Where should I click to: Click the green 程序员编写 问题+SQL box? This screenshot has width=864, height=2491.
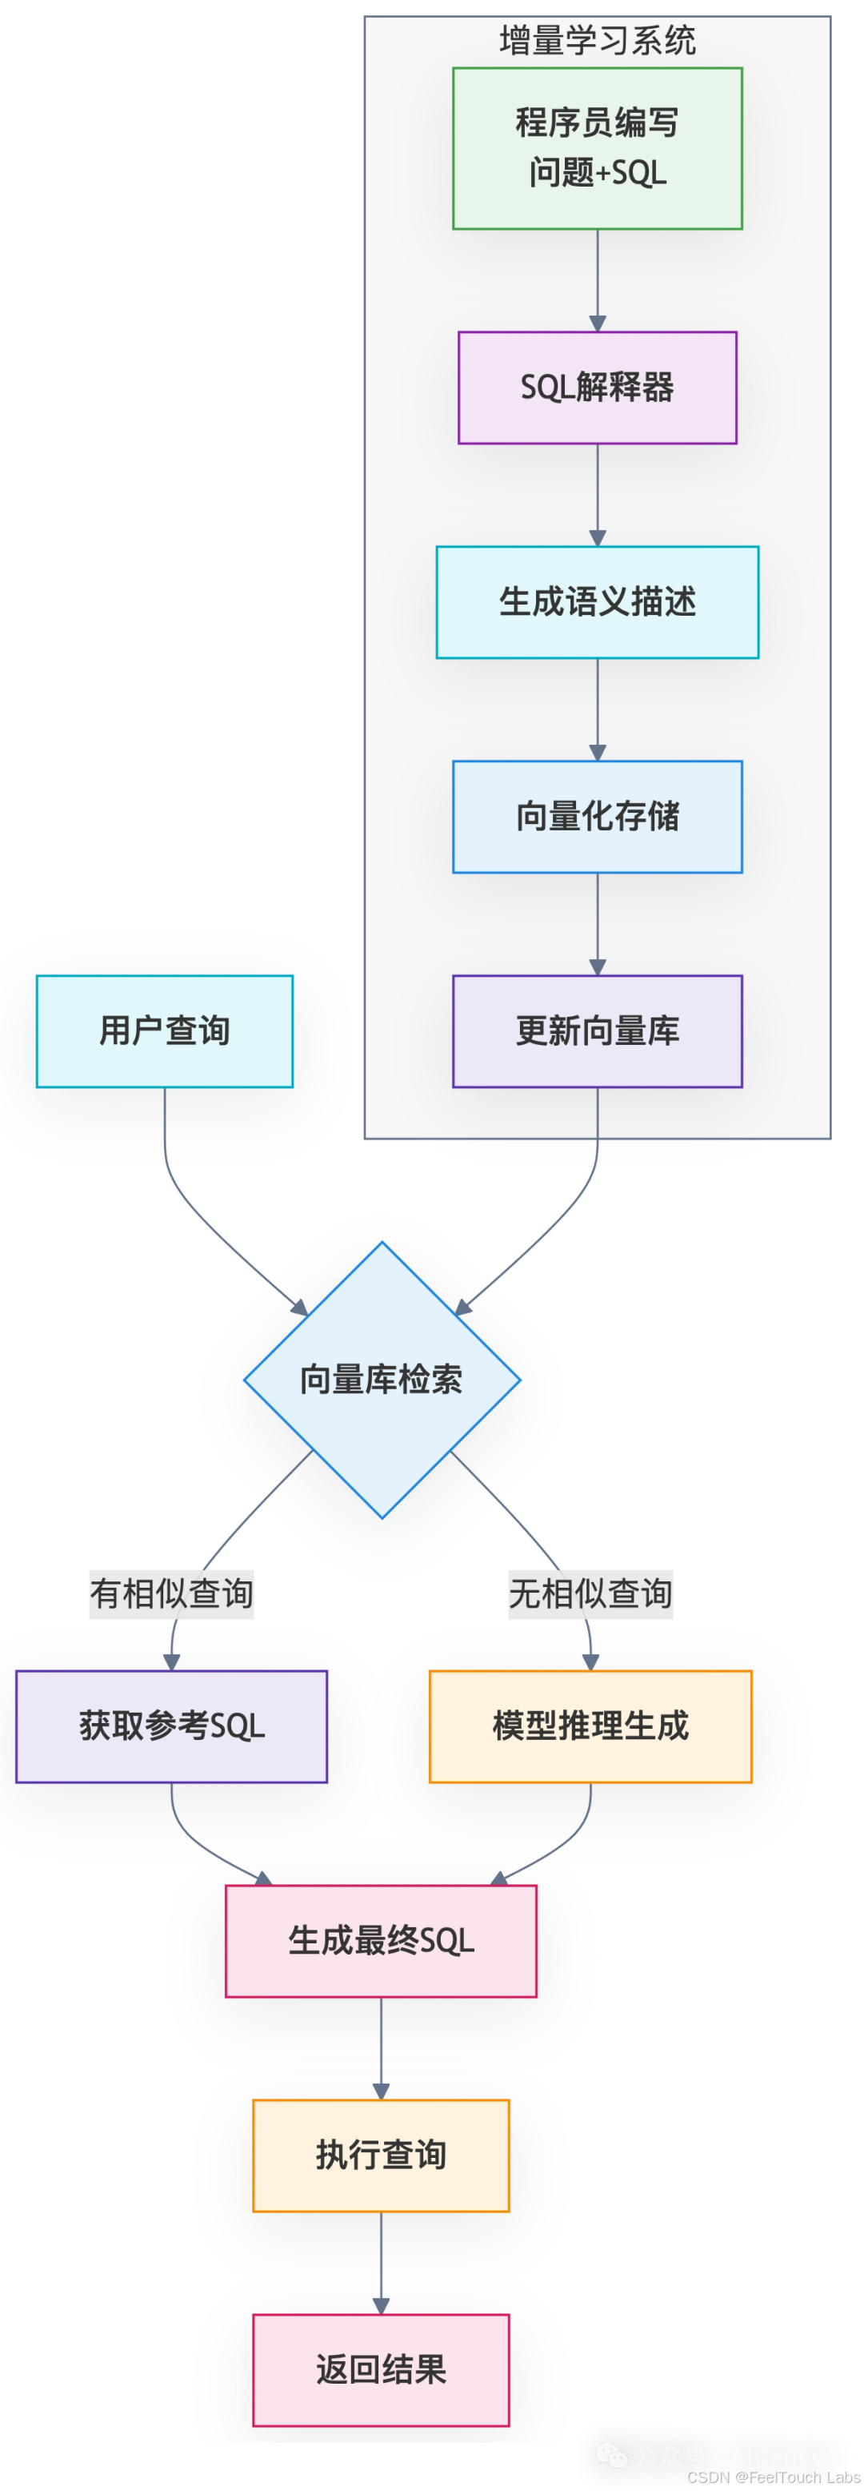(598, 148)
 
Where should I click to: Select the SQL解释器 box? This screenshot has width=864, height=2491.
(598, 388)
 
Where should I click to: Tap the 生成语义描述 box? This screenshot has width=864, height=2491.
(598, 602)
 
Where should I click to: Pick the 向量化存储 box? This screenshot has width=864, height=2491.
(598, 817)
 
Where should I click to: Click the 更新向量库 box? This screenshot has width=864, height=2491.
(598, 1032)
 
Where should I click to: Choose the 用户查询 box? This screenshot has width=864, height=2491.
(164, 1032)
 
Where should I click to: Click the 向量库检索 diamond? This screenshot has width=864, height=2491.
(382, 1380)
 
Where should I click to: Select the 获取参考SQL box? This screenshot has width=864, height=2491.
(171, 1726)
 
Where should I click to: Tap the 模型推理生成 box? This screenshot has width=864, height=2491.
(590, 1726)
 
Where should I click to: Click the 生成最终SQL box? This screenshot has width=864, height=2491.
(381, 1941)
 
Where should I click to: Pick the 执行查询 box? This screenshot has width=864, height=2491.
(381, 2156)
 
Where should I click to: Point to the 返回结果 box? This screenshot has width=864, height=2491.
(381, 2370)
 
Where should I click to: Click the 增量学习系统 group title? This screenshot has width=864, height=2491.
(598, 41)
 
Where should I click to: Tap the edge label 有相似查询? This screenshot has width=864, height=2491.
(171, 1593)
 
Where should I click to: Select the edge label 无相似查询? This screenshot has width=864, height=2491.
(590, 1593)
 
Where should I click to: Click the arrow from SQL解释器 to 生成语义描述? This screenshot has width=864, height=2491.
(598, 495)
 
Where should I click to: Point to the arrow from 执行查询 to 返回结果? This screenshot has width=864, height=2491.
(381, 2263)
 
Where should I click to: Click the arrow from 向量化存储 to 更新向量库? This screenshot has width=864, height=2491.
(598, 925)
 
